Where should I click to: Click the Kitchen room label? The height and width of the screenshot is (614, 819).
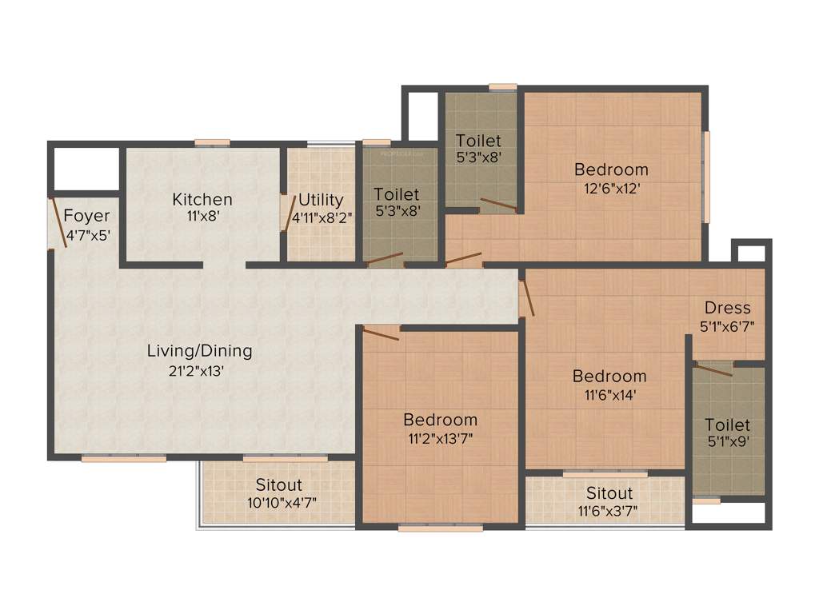coord(202,199)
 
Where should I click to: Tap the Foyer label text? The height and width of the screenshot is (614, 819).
coord(86,216)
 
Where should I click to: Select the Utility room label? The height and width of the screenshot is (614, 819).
coord(321,200)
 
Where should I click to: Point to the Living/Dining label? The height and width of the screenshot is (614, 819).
coord(199,350)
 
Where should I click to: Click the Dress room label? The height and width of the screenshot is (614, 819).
coord(727,308)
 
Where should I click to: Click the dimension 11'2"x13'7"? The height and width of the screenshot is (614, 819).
coord(440,437)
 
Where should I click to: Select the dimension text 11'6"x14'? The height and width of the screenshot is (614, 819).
coord(609,394)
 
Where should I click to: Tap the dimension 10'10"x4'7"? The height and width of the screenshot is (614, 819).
coord(278,503)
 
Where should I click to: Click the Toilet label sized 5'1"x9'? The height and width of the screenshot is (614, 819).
coord(727,425)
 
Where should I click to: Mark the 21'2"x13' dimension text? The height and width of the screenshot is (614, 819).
coord(199,369)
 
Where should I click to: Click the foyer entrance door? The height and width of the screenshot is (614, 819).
coord(58,221)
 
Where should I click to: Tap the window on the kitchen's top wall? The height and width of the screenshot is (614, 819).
coord(212,143)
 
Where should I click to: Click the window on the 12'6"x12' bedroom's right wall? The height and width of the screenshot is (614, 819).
coord(705,177)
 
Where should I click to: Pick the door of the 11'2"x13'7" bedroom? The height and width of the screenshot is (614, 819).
coord(381,332)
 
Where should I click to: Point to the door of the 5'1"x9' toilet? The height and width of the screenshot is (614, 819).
coord(713,369)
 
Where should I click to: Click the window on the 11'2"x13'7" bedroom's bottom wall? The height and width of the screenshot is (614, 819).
coord(440,528)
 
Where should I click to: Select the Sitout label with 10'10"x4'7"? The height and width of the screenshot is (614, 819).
coord(278,484)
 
